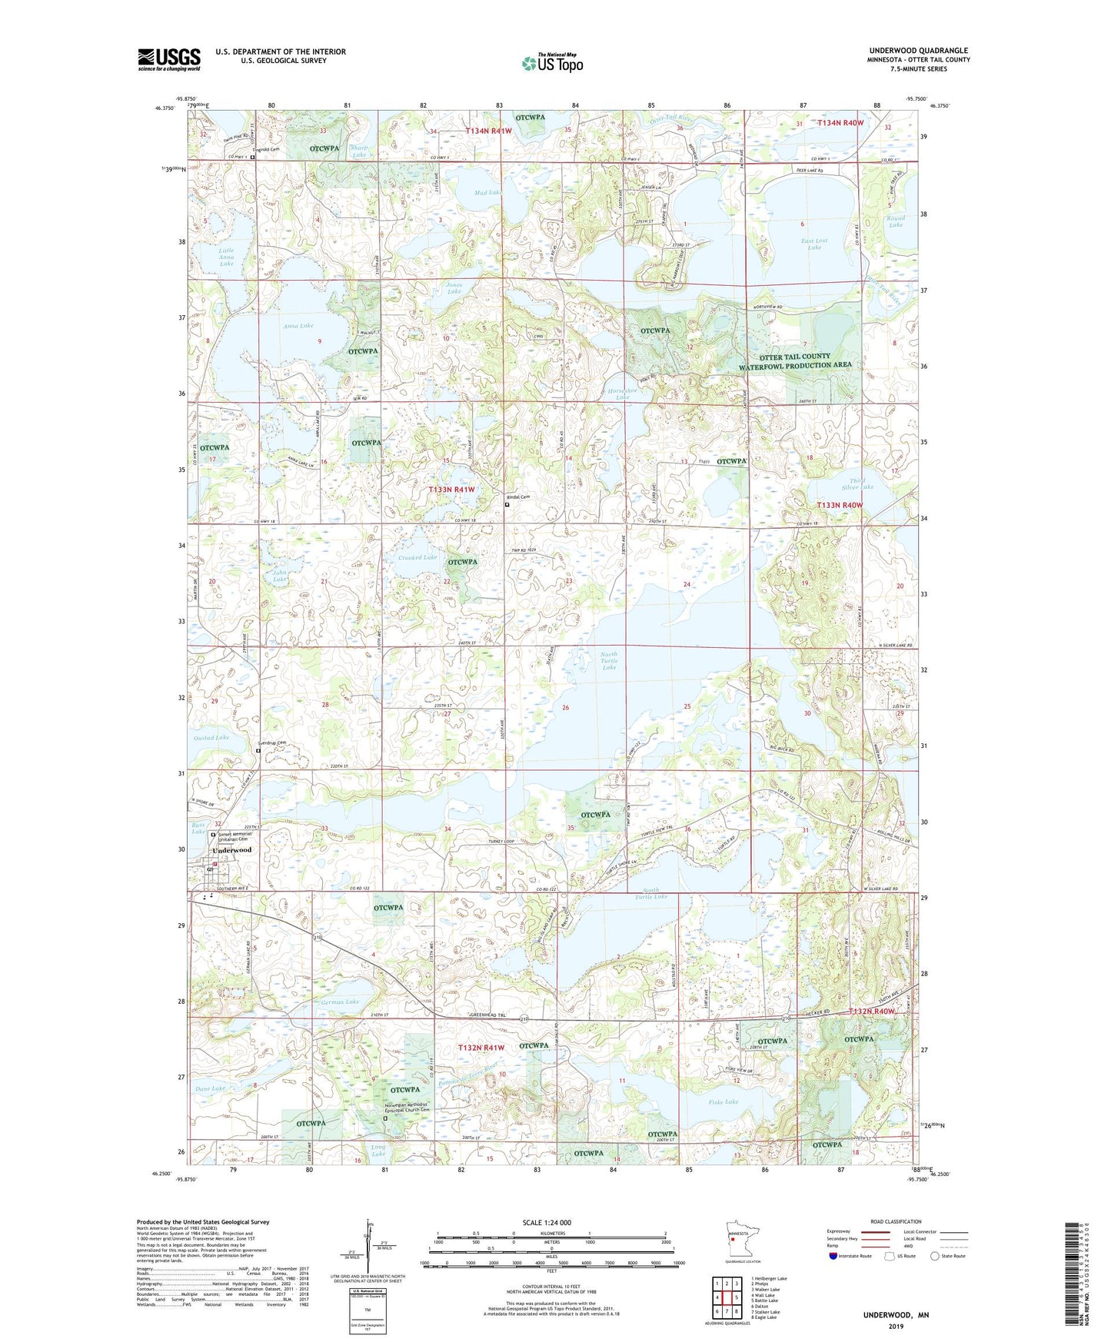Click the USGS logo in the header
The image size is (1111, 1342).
[169, 59]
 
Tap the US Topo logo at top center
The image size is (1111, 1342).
[552, 63]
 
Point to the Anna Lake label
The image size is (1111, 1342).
[298, 326]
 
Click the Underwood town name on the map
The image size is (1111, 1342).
[231, 850]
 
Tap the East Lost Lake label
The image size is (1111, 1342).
[814, 244]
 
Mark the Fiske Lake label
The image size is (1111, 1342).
[723, 1101]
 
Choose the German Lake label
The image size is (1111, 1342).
[341, 1002]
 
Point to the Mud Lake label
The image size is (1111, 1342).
[487, 193]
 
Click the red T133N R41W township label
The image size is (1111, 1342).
[451, 489]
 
